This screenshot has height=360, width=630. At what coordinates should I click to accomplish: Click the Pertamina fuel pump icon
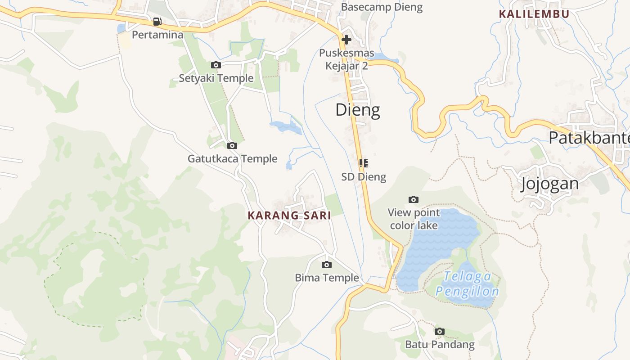[x=157, y=21]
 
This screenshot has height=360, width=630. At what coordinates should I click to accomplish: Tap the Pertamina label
[x=157, y=35]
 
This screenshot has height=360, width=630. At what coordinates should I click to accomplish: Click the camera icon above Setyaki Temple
[x=216, y=65]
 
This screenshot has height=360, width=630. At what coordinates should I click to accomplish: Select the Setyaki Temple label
[x=216, y=78]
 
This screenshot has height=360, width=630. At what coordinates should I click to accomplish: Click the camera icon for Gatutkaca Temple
[x=232, y=145]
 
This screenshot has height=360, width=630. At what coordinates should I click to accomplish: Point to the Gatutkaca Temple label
[x=232, y=159]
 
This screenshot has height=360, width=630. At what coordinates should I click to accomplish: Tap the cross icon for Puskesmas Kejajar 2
[x=346, y=40]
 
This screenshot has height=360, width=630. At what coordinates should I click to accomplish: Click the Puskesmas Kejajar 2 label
[x=346, y=59]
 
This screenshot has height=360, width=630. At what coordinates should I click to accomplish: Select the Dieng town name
[x=358, y=110]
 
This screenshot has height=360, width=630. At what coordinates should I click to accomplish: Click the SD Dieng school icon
[x=364, y=163]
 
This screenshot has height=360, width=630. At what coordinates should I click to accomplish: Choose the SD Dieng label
[x=364, y=177]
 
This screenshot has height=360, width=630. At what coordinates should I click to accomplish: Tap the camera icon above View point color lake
[x=414, y=199]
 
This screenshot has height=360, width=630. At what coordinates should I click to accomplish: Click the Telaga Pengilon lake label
[x=467, y=284]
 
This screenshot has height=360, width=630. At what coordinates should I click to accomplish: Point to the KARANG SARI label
[x=289, y=216]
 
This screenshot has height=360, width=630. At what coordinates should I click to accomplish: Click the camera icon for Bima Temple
[x=327, y=265]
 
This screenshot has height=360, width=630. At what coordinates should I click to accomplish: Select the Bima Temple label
[x=327, y=278]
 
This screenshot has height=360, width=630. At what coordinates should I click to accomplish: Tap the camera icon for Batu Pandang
[x=440, y=332]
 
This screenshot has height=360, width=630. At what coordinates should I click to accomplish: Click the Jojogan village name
[x=549, y=184]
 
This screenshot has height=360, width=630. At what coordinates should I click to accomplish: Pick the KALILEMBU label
[x=534, y=14]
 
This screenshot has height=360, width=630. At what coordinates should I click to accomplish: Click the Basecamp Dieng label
[x=382, y=7]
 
